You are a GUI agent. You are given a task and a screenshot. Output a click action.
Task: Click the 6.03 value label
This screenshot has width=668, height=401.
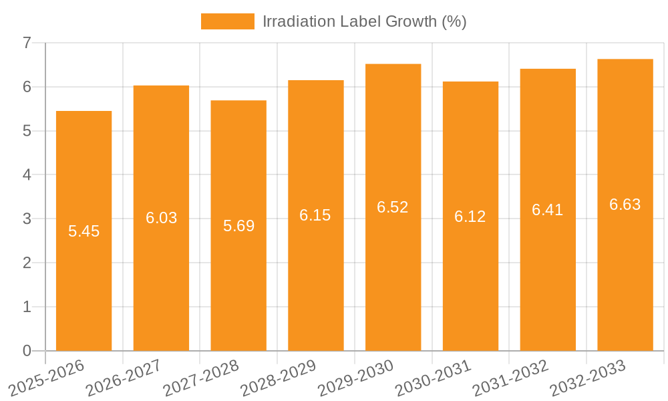coord(161,218)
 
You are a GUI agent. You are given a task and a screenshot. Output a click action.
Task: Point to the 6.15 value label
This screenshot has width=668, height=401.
coord(315,215)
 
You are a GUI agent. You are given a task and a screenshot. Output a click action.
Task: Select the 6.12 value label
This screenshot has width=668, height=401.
coord(470,217)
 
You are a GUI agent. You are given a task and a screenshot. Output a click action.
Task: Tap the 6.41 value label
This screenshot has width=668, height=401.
coord(548,210)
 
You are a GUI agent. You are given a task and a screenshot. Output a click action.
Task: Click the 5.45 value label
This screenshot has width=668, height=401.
coord(83,231)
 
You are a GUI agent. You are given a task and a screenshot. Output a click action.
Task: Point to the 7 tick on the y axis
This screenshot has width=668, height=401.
coord(27,43)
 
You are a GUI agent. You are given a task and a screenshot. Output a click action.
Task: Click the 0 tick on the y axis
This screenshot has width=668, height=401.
coord(27,351)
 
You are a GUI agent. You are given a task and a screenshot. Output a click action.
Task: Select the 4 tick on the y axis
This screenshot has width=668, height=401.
coord(27,175)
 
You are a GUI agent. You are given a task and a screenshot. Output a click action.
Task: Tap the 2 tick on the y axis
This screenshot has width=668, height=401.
coord(27,263)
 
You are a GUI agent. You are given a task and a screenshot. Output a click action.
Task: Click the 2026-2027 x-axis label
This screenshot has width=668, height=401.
coord(124,377)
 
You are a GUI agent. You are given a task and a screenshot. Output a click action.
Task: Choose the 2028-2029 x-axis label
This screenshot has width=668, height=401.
coord(278,377)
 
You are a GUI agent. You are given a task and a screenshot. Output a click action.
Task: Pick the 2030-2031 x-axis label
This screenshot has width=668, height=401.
coord(433,377)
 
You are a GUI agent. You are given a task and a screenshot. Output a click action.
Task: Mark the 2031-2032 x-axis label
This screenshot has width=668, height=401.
coord(510,377)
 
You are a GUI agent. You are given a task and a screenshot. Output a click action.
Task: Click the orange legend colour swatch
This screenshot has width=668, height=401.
coord(227,21)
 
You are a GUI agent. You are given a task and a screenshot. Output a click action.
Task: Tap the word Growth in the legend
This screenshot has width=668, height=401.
coord(411,21)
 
